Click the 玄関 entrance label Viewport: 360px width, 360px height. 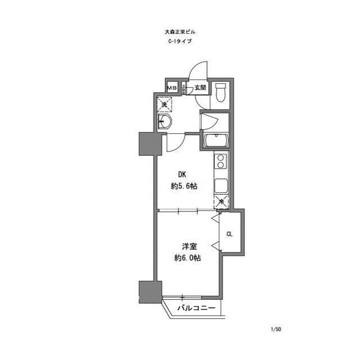201,88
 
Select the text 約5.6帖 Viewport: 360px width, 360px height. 183,187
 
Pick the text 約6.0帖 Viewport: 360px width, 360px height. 187,258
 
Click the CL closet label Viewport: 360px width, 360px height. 229,233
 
